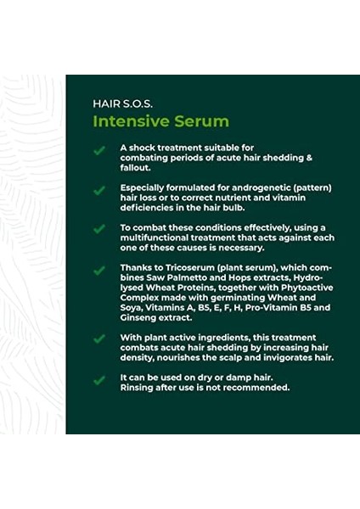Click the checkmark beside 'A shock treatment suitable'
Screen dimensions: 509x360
100,150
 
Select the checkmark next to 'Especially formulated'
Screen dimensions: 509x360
100,188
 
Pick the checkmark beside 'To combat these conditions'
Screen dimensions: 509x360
100,229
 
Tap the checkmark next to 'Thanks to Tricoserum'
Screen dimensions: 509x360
100,270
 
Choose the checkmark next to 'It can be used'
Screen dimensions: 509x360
100,380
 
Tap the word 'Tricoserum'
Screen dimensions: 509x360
178,269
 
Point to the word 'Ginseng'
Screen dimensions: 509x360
138,318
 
